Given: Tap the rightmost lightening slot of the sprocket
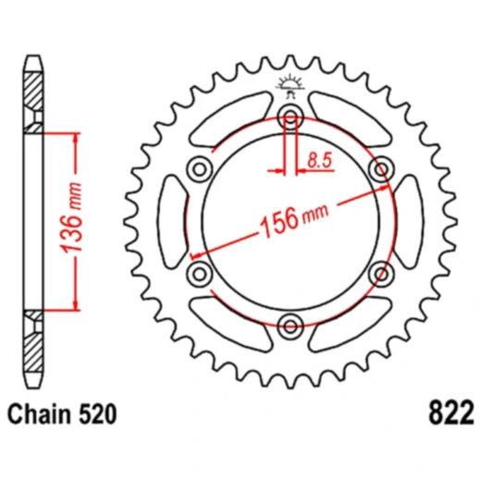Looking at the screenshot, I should [x=408, y=220].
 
